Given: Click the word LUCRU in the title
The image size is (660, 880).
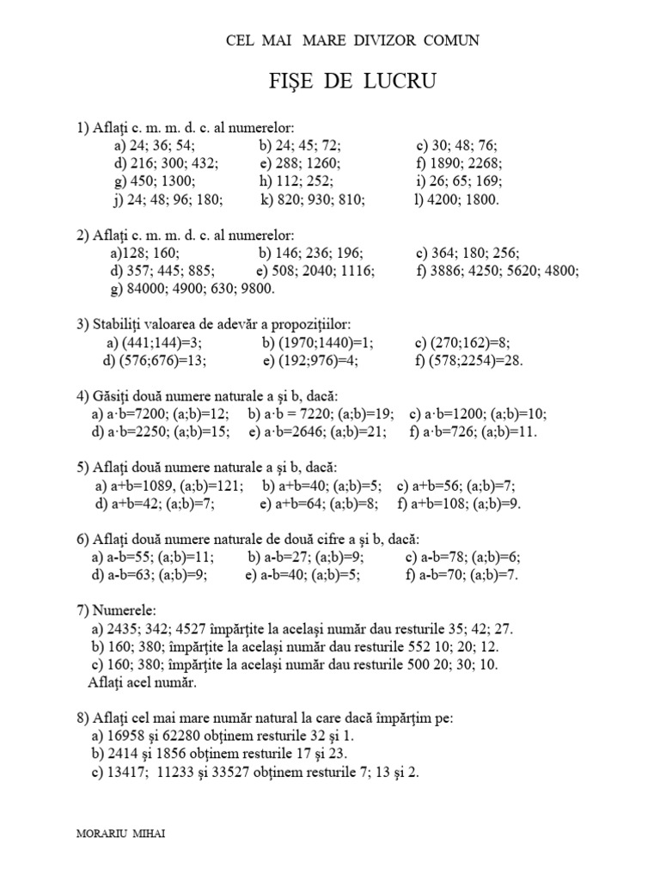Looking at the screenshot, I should pos(404,82).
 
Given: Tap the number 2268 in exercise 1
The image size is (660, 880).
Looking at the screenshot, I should pos(483,162).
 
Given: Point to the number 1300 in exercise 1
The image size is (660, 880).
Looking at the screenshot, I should pos(178,180).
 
